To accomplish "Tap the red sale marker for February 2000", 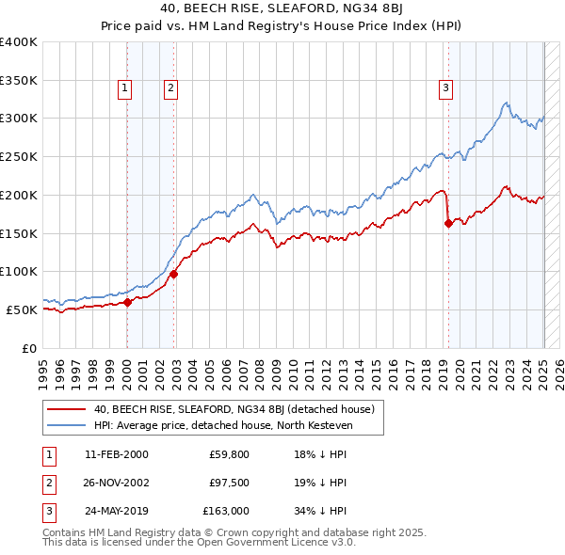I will [x=128, y=302].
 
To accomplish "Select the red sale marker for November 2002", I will [x=174, y=274].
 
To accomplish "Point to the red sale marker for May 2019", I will [x=448, y=223].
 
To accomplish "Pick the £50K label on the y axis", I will [x=22, y=309].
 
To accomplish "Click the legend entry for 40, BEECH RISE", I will [x=234, y=409].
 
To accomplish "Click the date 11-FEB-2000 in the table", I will [x=116, y=454].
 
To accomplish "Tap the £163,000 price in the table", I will [x=226, y=511].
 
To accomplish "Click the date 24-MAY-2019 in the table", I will [x=116, y=511].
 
